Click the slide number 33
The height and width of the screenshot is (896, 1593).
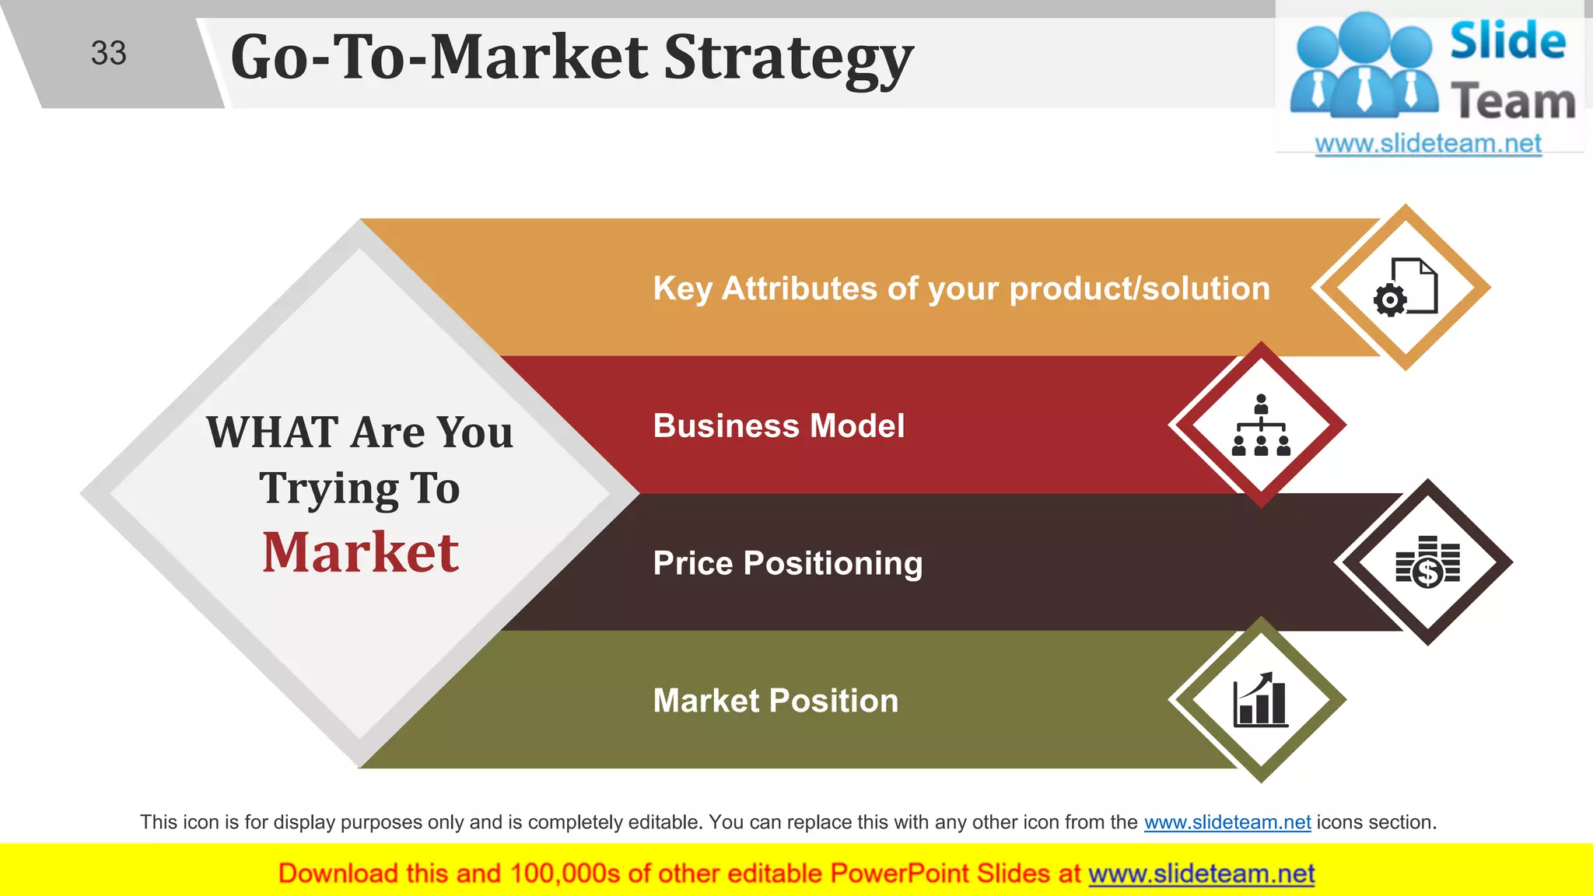(x=108, y=53)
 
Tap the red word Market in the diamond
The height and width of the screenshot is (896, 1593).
(x=360, y=553)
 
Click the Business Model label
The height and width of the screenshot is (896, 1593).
(x=779, y=426)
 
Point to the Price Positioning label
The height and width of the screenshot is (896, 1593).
(x=787, y=563)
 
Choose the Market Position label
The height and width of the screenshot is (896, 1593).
(x=775, y=701)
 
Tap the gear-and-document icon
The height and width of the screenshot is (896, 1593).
(x=1406, y=287)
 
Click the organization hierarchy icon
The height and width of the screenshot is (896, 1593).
(x=1261, y=425)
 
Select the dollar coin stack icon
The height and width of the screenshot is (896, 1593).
(x=1427, y=562)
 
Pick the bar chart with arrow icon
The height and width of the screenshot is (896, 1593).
(x=1260, y=699)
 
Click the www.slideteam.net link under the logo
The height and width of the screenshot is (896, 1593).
(x=1427, y=144)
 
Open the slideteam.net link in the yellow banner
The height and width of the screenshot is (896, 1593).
(x=1201, y=874)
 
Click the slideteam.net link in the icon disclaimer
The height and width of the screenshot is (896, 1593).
(x=1227, y=822)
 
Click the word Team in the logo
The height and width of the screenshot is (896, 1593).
(x=1513, y=102)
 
